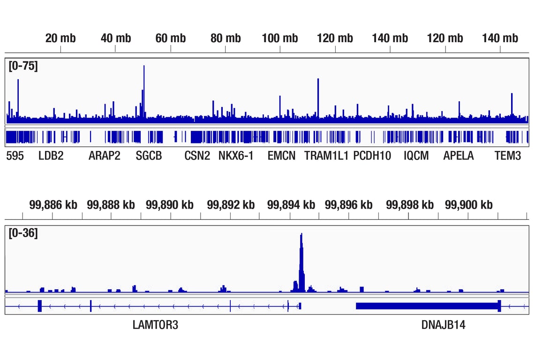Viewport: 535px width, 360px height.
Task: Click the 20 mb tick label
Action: tap(60, 38)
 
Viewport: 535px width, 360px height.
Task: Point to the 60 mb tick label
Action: tap(171, 38)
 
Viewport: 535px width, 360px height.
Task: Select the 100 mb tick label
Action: tap(280, 38)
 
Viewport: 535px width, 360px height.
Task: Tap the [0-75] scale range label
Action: tap(23, 66)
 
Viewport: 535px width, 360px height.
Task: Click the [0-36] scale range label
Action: tap(23, 233)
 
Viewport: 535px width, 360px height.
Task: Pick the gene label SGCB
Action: tap(149, 156)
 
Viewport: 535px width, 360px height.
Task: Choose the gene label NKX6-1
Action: tap(236, 156)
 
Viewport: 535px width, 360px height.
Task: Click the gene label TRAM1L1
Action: tap(326, 156)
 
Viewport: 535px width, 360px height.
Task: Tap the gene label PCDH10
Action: tap(372, 156)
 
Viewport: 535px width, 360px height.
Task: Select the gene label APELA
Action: tap(459, 156)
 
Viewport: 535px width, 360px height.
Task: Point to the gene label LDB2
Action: tap(51, 156)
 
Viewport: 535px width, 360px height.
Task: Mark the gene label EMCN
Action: tap(281, 156)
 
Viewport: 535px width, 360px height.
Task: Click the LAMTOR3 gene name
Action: tap(155, 325)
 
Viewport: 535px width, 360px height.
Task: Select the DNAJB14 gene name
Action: tap(444, 325)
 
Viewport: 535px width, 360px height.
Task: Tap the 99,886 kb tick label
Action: tap(53, 205)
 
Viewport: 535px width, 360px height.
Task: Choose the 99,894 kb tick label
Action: tap(291, 205)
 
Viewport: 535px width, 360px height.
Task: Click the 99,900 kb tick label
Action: tap(468, 205)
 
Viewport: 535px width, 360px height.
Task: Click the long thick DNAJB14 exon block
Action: tap(427, 306)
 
